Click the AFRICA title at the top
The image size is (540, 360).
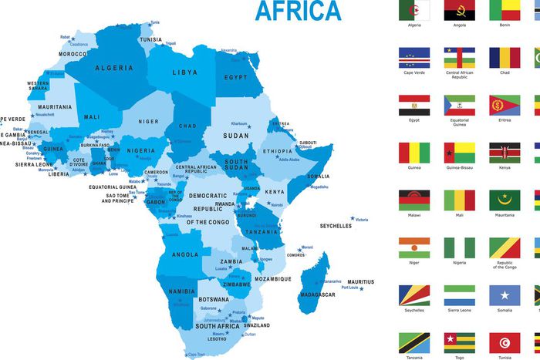click(297, 11)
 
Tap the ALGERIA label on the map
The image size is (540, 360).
click(113, 68)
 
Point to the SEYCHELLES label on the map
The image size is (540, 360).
click(336, 226)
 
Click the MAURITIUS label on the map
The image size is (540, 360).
click(360, 282)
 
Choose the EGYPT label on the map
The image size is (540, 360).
click(235, 78)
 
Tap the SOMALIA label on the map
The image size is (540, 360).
click(319, 177)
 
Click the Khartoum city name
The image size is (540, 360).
click(239, 123)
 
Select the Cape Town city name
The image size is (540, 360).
click(197, 355)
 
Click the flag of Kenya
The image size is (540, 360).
click(505, 153)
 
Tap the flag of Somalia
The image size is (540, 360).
click(505, 295)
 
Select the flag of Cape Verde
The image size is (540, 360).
click(413, 57)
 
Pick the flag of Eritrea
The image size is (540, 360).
click(505, 105)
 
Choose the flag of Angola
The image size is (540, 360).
click(459, 10)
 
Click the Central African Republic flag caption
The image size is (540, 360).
click(459, 75)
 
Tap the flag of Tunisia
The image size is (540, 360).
click(505, 343)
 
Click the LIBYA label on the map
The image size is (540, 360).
click(184, 72)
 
